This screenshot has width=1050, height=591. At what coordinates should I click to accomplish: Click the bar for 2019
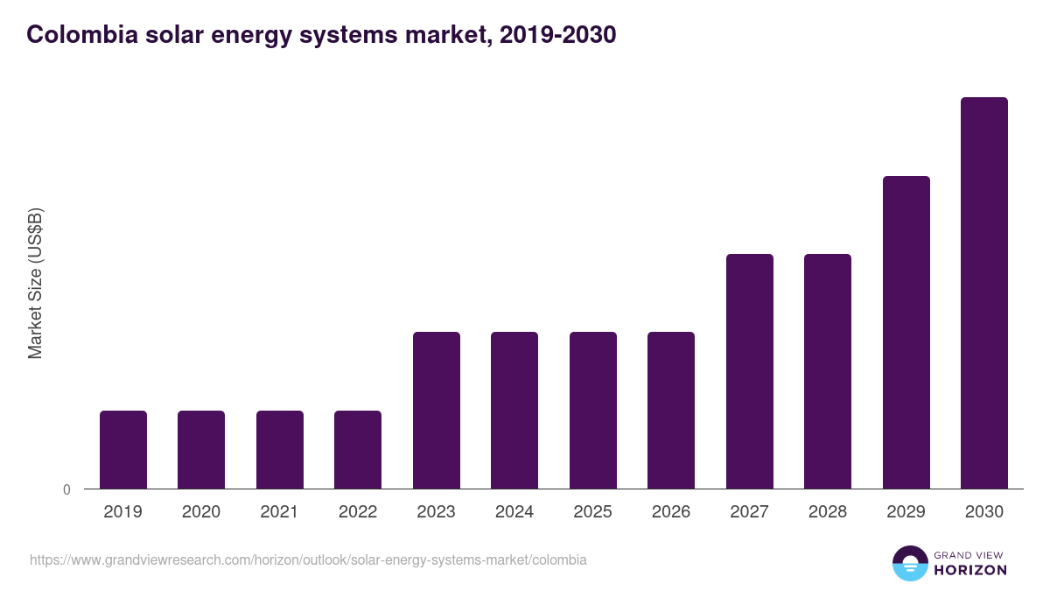tap(123, 449)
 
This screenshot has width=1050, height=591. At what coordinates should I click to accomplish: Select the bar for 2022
tap(358, 449)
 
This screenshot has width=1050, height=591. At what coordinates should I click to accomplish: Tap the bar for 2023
tap(437, 410)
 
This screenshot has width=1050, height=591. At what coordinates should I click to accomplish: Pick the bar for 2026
tap(671, 410)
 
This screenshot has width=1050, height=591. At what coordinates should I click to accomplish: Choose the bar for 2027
tap(750, 371)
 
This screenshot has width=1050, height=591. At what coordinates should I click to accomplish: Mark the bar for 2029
tap(906, 332)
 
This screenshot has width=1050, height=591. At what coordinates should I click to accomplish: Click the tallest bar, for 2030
tap(984, 292)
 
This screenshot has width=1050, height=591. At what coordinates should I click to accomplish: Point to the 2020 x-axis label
tap(201, 512)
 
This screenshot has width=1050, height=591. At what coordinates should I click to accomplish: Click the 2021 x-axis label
tap(280, 512)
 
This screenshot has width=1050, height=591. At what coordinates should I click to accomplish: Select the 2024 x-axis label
tap(514, 512)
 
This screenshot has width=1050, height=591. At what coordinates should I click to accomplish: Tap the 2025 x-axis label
tap(593, 512)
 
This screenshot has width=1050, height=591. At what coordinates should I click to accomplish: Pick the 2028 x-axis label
tap(828, 512)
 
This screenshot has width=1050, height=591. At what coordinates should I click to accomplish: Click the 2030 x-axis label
tap(984, 512)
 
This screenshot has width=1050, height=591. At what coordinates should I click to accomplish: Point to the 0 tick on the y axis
tap(66, 489)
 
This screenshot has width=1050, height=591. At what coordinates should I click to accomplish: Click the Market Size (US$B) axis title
tap(35, 283)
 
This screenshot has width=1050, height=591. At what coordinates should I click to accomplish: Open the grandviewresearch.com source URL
tap(308, 559)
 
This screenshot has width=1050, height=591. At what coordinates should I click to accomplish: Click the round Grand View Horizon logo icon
tap(909, 563)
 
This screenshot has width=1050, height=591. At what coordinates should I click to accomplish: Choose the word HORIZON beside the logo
tap(969, 570)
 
